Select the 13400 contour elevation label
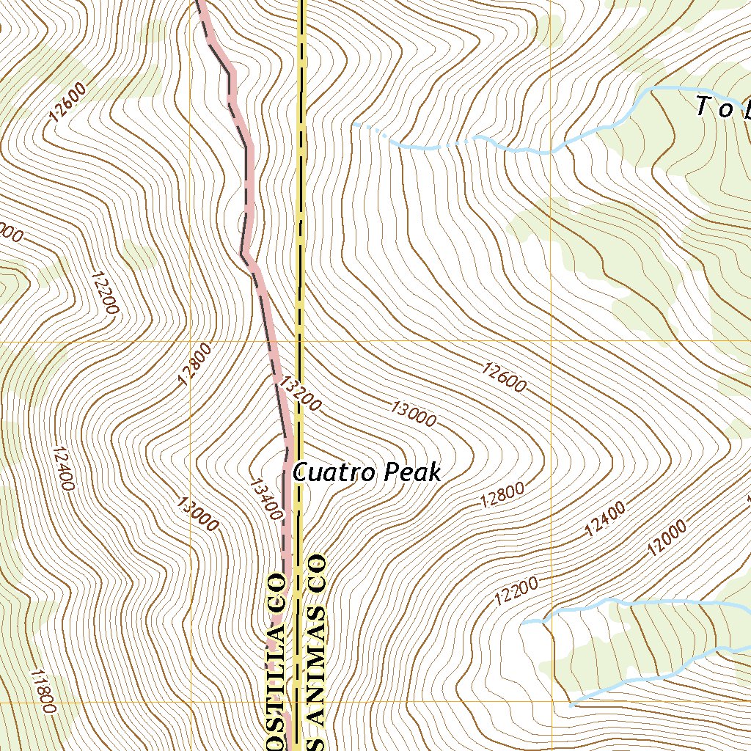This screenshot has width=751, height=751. click(x=265, y=499)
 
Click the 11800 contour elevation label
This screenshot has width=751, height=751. click(x=43, y=691)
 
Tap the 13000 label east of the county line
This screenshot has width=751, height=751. click(x=414, y=414)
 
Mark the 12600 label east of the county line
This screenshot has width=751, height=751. click(x=505, y=377)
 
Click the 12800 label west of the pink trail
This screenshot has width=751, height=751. click(x=194, y=364)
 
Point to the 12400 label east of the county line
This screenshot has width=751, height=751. click(x=605, y=519)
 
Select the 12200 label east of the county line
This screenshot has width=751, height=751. click(x=516, y=590)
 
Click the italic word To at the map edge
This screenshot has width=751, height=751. click(x=714, y=108)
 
